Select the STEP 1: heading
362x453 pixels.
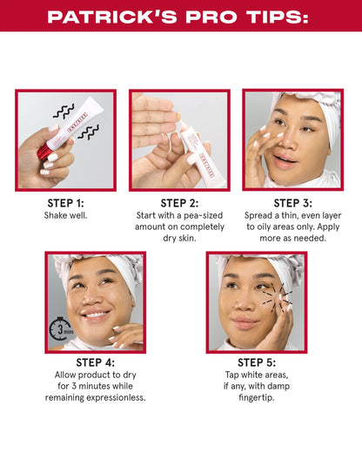(66, 203)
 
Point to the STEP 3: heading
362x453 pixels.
(292, 203)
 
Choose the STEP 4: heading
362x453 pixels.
(96, 362)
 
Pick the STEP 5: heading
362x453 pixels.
(256, 362)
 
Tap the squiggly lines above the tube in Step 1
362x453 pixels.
(62, 112)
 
